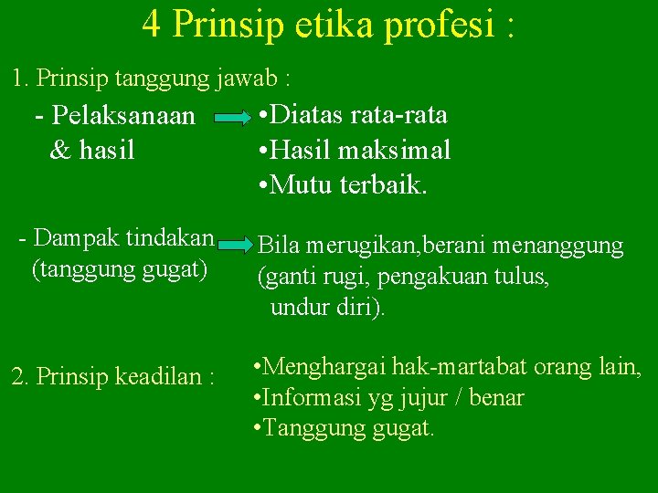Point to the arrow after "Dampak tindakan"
click(x=234, y=245)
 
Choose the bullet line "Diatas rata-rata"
click(x=354, y=115)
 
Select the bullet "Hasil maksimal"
click(x=356, y=151)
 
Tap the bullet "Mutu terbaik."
click(x=343, y=185)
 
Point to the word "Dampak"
click(x=71, y=238)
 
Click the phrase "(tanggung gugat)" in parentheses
click(x=120, y=270)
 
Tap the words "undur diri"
click(x=324, y=308)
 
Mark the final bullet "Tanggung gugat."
click(x=343, y=428)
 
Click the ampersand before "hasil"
click(x=59, y=150)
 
